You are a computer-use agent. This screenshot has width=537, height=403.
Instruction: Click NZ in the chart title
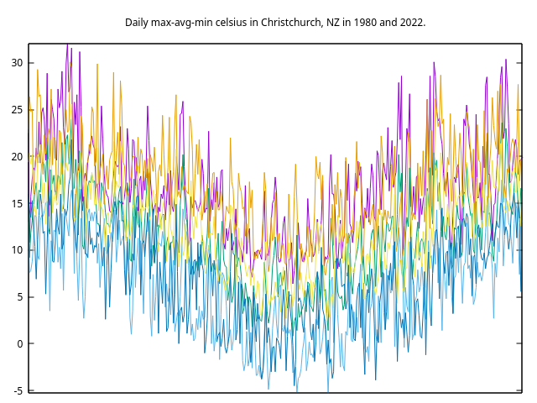[333, 22]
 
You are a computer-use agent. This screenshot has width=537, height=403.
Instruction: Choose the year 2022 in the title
[413, 22]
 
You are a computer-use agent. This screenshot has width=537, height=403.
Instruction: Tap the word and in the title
[388, 22]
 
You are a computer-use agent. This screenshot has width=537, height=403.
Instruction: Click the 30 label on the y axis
[17, 63]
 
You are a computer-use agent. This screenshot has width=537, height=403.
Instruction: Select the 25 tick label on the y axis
[17, 110]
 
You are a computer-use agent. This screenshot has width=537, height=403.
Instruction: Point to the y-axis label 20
[17, 157]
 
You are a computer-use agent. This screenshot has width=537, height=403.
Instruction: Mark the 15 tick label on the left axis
[17, 203]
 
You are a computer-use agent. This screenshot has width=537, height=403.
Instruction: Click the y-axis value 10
[17, 250]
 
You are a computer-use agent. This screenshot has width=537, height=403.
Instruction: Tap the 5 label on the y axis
[20, 297]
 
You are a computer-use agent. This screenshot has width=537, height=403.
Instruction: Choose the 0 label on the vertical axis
[20, 343]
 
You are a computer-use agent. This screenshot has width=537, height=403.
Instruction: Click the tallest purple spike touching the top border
[67, 45]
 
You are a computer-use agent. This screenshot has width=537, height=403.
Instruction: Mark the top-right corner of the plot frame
[521, 44]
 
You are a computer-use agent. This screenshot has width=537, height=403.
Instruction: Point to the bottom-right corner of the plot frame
[521, 392]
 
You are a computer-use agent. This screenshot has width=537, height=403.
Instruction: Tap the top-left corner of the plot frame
[29, 44]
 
